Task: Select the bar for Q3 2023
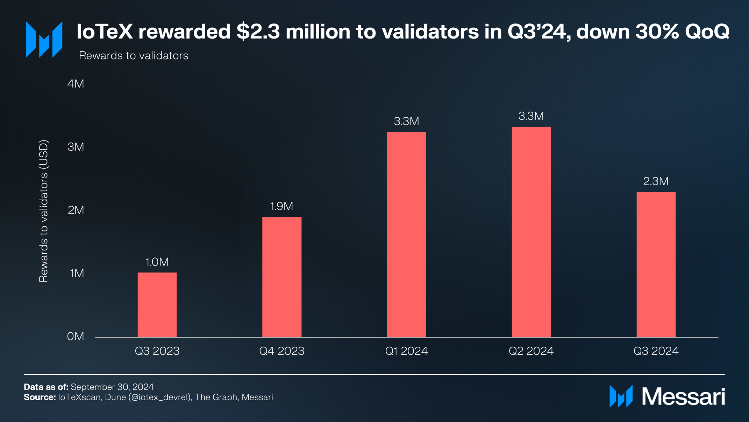157,305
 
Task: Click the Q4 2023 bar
282,277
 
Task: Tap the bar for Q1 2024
407,235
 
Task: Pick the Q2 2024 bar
531,232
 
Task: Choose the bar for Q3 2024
656,264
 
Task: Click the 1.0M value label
157,262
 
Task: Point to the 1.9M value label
282,206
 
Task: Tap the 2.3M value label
656,181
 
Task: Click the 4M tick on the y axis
76,84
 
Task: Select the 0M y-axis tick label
76,336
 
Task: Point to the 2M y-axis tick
76,210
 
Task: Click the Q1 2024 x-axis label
407,351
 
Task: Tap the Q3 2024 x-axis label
656,351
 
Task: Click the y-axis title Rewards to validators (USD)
43,211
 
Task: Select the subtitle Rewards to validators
134,56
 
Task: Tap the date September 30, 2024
112,387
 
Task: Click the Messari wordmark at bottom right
683,396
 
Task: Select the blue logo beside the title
44,39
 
